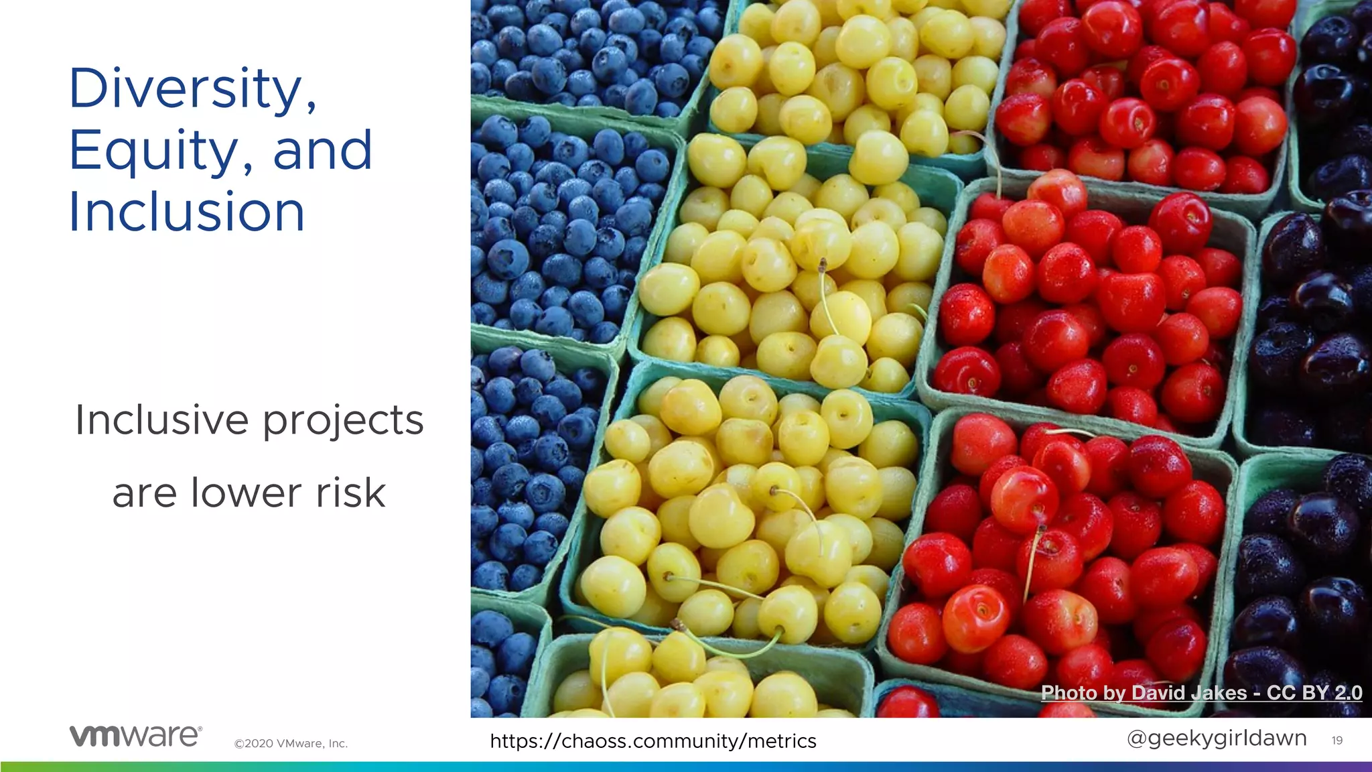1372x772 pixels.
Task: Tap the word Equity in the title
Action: pos(153,151)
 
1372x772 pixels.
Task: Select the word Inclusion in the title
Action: pos(187,212)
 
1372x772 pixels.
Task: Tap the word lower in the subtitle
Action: pos(246,493)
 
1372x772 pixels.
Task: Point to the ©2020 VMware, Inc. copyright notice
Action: pos(291,743)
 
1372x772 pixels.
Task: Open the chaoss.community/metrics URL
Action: pos(653,741)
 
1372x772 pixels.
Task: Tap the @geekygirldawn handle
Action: pos(1217,738)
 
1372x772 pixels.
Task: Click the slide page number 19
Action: pos(1336,741)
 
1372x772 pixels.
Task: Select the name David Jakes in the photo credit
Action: pos(1189,693)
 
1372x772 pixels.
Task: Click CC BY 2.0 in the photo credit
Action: pos(1314,693)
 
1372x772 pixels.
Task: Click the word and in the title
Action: pos(322,151)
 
